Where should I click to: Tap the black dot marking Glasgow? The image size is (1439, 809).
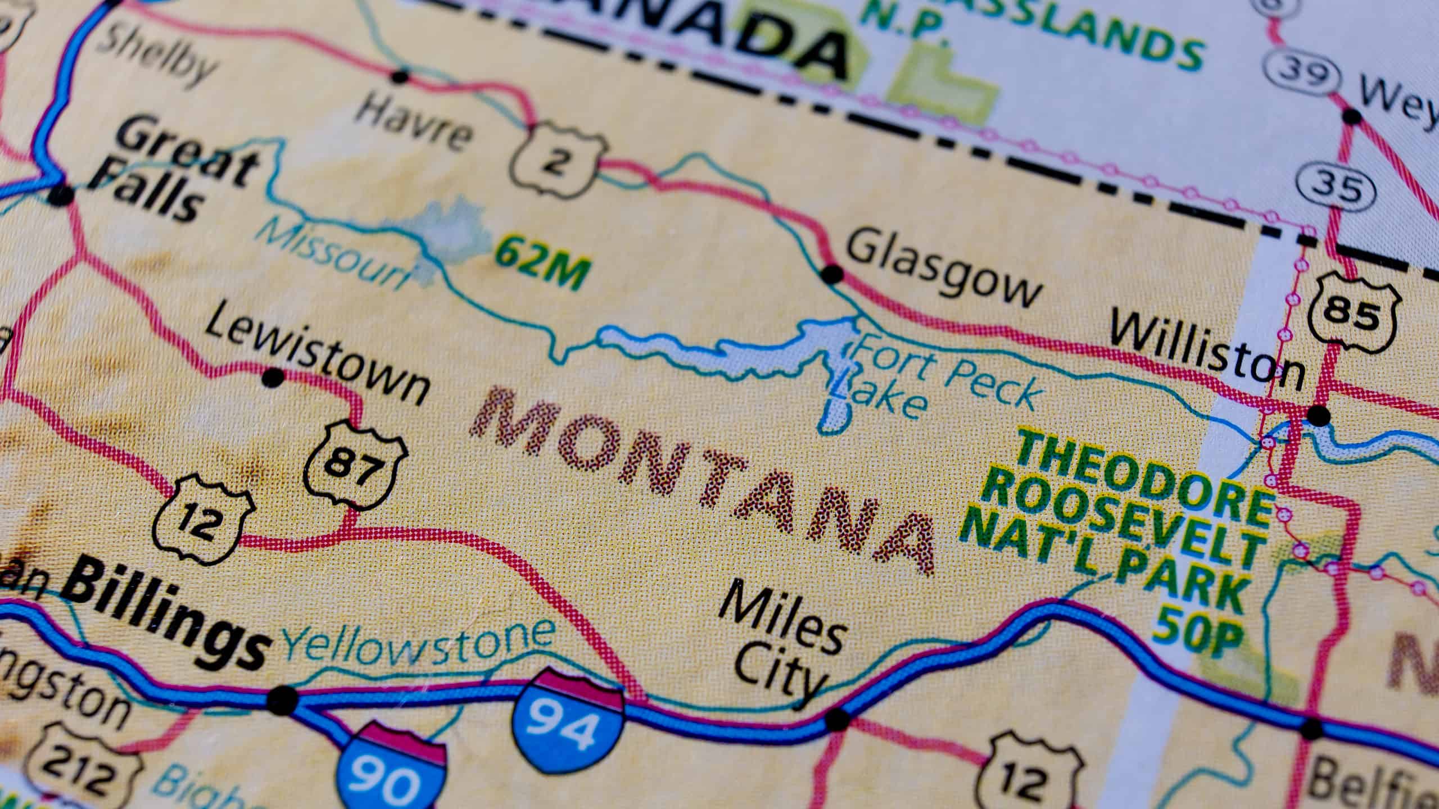coord(832,275)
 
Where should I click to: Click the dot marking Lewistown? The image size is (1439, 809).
coord(274,377)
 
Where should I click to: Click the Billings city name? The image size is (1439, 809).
coord(169,624)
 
